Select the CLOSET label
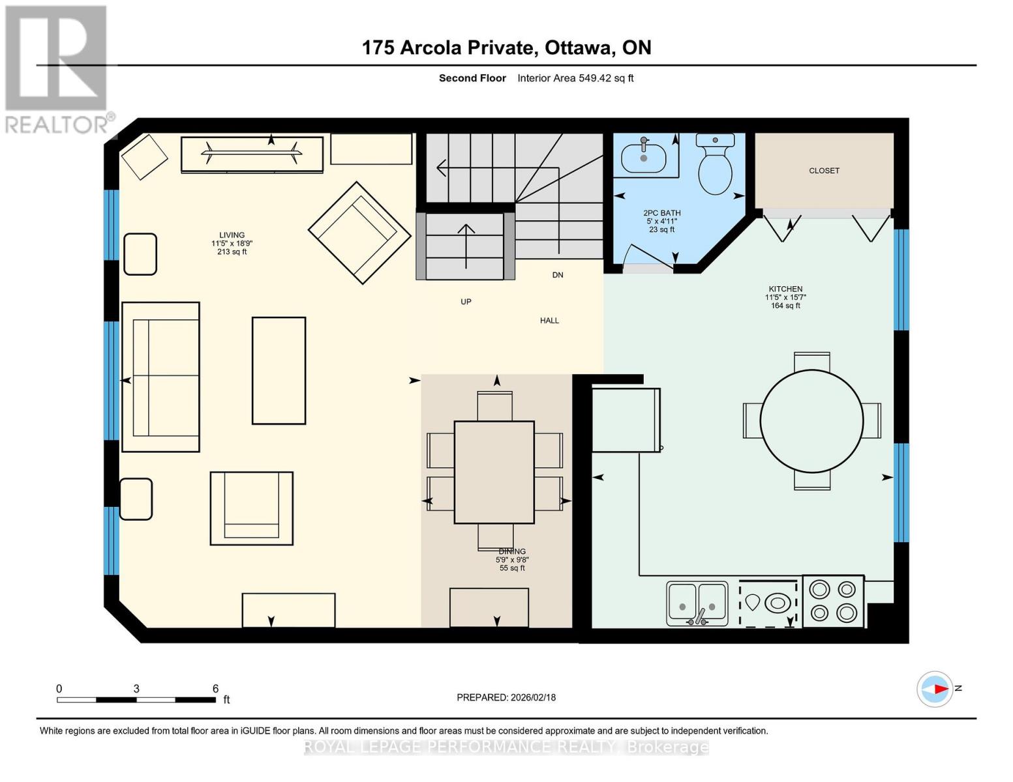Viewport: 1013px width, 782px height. (x=824, y=171)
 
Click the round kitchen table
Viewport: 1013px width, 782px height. (x=811, y=421)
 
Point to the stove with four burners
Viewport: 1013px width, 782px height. (x=833, y=601)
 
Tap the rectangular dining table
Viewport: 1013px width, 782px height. (x=494, y=472)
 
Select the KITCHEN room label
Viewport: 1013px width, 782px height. (x=785, y=289)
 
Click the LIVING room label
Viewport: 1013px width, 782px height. (x=232, y=235)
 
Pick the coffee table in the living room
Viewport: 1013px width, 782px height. (x=279, y=371)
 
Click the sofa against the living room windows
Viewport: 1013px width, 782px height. (x=160, y=377)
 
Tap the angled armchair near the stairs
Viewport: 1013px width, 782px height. (x=350, y=233)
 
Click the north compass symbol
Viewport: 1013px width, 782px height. (x=935, y=689)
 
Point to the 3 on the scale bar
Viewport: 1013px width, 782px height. (x=136, y=689)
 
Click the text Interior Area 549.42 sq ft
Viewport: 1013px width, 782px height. (x=575, y=78)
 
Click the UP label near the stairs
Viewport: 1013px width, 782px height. (x=466, y=302)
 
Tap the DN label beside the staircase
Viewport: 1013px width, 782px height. (x=558, y=275)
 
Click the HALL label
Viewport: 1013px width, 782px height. (x=549, y=321)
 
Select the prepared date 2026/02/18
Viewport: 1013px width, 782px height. (x=533, y=697)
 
